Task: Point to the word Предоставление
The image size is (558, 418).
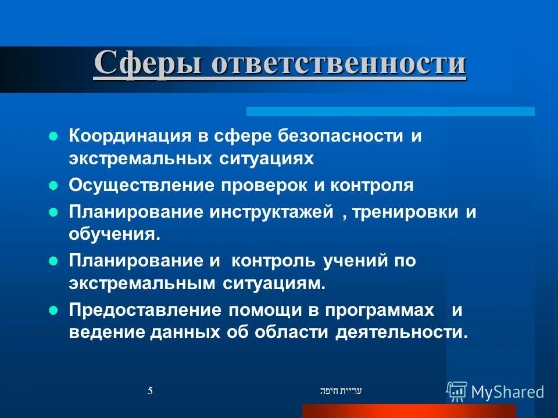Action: pyautogui.click(x=145, y=310)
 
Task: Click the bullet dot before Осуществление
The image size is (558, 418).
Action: pyautogui.click(x=53, y=186)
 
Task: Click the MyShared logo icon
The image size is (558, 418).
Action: pyautogui.click(x=457, y=391)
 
